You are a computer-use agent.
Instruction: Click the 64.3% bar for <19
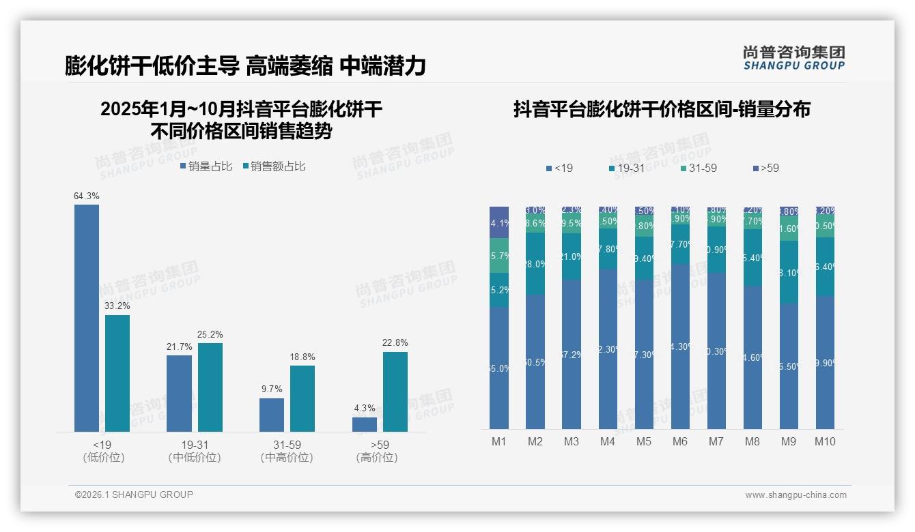87,318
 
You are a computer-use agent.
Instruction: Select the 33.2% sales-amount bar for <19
117,373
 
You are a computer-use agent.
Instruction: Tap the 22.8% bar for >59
395,391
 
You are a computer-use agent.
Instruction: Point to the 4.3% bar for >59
365,424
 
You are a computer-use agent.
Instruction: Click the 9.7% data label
271,389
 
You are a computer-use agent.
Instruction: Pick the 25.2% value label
210,334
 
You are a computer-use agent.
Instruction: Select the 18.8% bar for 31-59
302,398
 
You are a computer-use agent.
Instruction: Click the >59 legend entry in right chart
765,168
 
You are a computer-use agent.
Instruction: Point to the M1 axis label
499,442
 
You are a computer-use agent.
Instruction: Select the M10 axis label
825,442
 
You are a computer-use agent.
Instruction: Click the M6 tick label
680,442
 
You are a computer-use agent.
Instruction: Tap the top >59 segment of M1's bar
499,222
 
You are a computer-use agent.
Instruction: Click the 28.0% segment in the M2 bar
535,263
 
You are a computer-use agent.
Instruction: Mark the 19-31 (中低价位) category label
195,451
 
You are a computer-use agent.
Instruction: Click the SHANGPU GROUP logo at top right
793,58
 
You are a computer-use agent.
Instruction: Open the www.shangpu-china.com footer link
796,495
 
